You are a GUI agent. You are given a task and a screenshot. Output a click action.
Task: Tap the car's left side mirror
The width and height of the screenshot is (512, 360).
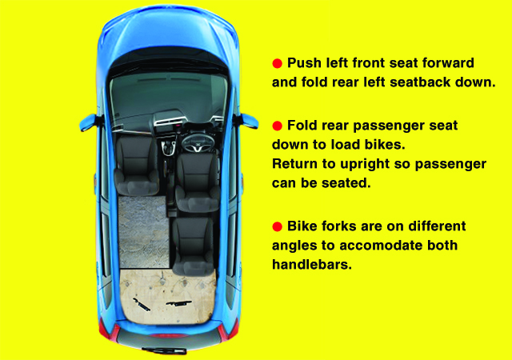click(x=88, y=122)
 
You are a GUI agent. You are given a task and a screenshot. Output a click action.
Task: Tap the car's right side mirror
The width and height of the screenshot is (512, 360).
click(x=248, y=122)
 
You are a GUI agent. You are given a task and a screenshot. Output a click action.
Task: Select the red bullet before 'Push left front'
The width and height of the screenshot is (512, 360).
click(x=278, y=63)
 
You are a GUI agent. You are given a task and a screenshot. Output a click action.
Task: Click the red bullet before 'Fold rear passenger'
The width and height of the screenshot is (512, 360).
click(x=278, y=126)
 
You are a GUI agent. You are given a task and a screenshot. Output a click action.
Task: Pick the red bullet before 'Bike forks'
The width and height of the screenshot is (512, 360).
click(x=278, y=226)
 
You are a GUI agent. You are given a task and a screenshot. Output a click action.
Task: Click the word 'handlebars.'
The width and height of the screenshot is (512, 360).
click(x=312, y=264)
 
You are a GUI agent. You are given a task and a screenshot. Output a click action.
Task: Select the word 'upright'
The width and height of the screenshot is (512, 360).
click(x=365, y=164)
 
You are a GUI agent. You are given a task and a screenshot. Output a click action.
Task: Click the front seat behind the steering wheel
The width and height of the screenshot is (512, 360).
click(x=198, y=182)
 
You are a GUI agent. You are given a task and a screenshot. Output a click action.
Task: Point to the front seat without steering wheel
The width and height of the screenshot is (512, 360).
click(x=137, y=166)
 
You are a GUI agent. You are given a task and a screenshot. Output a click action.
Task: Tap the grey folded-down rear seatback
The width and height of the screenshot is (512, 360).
click(x=143, y=232)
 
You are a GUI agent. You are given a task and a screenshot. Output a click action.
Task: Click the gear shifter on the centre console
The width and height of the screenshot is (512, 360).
click(x=169, y=148)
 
